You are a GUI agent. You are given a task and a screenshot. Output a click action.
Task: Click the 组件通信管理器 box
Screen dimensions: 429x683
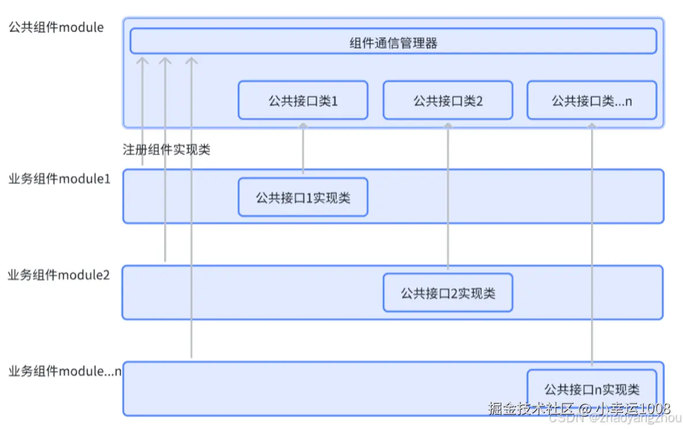point(393,42)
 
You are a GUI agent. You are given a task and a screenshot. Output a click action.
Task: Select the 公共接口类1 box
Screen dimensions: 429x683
point(303,100)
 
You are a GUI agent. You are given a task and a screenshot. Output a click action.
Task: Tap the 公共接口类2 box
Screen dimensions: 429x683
point(448,100)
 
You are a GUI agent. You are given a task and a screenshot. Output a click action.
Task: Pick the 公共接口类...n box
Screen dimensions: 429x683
point(591,100)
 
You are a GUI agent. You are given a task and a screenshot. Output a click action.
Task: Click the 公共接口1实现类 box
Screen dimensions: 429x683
point(303,198)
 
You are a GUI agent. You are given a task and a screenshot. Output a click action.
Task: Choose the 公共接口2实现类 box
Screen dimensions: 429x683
point(448,293)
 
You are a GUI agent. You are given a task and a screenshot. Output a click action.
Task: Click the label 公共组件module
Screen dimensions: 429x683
point(56,27)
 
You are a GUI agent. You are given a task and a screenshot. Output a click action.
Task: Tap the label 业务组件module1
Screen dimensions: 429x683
point(59,179)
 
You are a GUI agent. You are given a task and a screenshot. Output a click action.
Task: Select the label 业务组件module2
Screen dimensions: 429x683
point(58,275)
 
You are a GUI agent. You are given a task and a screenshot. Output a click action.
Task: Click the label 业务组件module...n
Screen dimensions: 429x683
point(65,371)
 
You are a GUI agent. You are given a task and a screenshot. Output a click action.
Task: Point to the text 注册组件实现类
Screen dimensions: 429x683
point(166,150)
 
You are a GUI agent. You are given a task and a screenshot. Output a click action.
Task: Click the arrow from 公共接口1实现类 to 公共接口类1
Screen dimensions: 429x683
point(303,147)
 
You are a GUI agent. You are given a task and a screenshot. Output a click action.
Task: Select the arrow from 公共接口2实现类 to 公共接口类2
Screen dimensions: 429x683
point(448,196)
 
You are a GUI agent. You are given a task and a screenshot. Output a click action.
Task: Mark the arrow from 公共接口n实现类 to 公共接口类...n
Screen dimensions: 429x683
point(591,242)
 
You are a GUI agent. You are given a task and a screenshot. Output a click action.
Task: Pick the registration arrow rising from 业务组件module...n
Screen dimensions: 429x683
point(192,231)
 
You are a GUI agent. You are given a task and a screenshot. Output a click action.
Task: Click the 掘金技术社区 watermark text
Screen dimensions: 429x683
point(531,409)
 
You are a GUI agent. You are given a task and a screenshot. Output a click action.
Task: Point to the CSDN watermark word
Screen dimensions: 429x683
point(562,419)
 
